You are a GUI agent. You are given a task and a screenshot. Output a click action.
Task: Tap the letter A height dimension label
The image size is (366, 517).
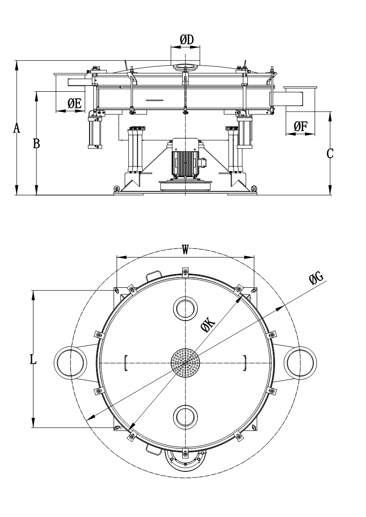[17, 128]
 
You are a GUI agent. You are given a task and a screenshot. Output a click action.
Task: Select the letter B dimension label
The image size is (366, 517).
[36, 144]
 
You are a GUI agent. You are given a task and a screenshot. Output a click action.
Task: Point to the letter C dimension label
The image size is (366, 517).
[330, 154]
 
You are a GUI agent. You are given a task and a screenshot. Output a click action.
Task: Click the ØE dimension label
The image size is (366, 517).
[74, 104]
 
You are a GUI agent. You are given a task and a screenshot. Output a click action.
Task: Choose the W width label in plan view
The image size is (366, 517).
[185, 250]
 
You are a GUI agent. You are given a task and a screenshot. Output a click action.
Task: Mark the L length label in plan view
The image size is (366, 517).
[33, 359]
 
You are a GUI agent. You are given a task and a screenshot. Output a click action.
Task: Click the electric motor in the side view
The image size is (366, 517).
[186, 157]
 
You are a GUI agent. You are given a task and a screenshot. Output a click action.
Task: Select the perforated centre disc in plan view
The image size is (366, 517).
[186, 362]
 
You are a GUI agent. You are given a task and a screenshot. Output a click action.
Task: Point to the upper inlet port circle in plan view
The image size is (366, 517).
[186, 308]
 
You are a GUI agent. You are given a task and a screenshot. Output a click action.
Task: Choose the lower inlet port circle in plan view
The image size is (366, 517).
[186, 417]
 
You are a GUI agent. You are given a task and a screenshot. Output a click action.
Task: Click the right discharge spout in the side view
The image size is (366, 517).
[300, 97]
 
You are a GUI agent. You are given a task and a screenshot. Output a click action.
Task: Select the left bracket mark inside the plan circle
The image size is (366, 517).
[126, 362]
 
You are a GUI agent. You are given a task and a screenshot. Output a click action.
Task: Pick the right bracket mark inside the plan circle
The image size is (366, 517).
[245, 362]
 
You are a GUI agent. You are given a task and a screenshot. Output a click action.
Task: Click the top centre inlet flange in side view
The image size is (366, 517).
[186, 67]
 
